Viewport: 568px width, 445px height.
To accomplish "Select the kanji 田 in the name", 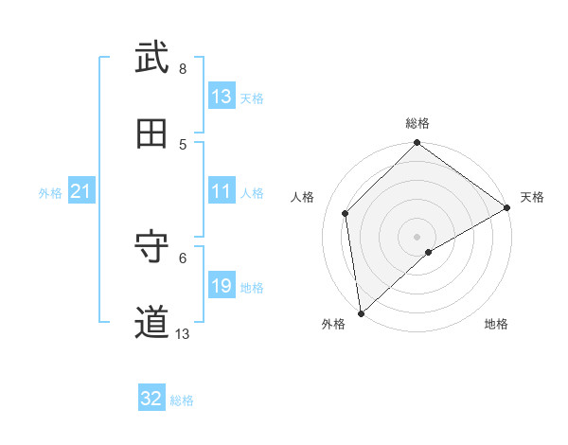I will pyautogui.click(x=151, y=134).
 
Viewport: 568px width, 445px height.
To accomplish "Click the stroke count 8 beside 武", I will pyautogui.click(x=183, y=68).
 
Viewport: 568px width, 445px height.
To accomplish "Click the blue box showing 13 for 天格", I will pyautogui.click(x=222, y=97).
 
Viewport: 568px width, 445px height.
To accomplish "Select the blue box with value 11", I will pyautogui.click(x=222, y=192).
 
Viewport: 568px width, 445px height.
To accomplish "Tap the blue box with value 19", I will pyautogui.click(x=222, y=286).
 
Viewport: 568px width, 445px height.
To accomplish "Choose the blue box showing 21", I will pyautogui.click(x=81, y=192).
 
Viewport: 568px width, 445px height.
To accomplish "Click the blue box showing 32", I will pyautogui.click(x=151, y=399).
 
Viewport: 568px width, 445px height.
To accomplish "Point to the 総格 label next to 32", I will pyautogui.click(x=182, y=400).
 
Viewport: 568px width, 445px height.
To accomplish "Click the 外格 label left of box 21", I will pyautogui.click(x=50, y=193).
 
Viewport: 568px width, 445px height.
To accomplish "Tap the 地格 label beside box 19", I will pyautogui.click(x=252, y=288).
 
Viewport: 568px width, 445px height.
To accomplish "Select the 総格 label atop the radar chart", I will pyautogui.click(x=417, y=123).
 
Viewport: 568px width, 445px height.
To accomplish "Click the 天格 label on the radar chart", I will pyautogui.click(x=532, y=197).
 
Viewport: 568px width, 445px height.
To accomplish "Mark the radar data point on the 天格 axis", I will pyautogui.click(x=507, y=207).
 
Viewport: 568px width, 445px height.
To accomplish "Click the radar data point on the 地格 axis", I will pyautogui.click(x=429, y=252).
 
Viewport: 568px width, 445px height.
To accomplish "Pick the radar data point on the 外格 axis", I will pyautogui.click(x=361, y=312).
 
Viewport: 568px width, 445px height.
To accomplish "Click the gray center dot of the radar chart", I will pyautogui.click(x=417, y=236).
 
